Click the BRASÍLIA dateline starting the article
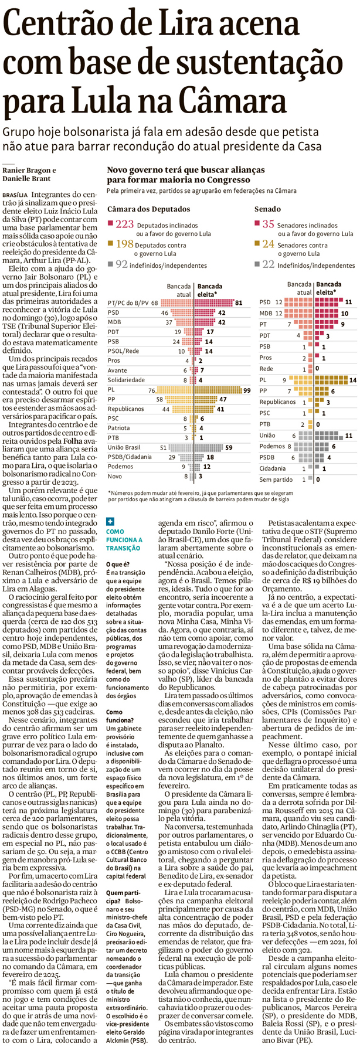pyautogui.click(x=15, y=193)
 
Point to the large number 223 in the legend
pyautogui.click(x=124, y=223)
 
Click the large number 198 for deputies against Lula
pyautogui.click(x=124, y=244)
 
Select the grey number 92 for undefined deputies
pyautogui.click(x=121, y=264)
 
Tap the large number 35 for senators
pyautogui.click(x=267, y=223)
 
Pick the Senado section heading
pyautogui.click(x=267, y=209)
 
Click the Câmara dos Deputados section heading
pyautogui.click(x=148, y=209)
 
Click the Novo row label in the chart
pyautogui.click(x=116, y=477)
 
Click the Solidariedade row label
pyautogui.click(x=128, y=380)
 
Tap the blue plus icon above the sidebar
pyautogui.click(x=111, y=521)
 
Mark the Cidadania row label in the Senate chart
pyautogui.click(x=273, y=468)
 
